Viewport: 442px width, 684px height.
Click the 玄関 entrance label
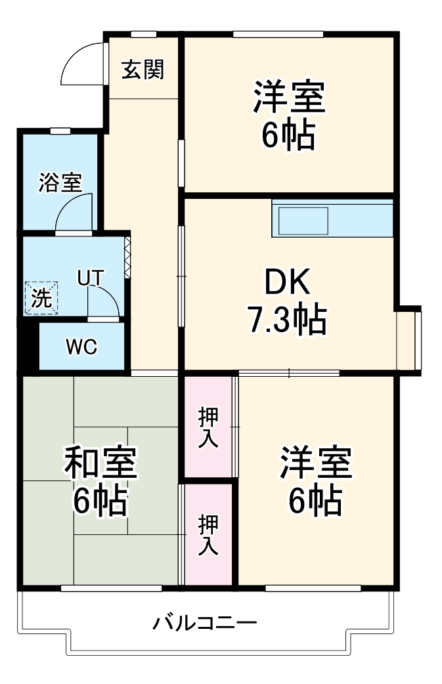click(x=143, y=69)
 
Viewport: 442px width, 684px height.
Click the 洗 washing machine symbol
click(x=41, y=299)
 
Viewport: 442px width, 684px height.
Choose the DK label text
click(x=287, y=284)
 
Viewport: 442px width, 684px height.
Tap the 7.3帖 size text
click(x=286, y=320)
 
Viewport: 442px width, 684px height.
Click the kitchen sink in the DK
click(x=302, y=220)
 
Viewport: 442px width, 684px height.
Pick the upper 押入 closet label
click(x=208, y=427)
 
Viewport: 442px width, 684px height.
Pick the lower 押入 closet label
click(x=208, y=535)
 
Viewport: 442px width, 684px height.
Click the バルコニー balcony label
click(x=204, y=621)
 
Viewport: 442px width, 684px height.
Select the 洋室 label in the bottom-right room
click(x=317, y=465)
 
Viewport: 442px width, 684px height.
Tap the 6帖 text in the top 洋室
click(x=288, y=136)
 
